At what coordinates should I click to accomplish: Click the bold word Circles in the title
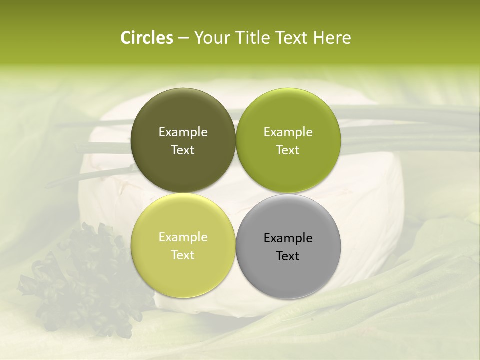point(146,38)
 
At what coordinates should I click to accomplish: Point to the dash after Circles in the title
point(183,38)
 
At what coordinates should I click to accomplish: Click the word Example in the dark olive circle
point(183,132)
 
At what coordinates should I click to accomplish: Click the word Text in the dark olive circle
point(183,150)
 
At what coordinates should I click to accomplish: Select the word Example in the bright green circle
point(288,132)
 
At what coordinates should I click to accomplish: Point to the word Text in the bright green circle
point(288,150)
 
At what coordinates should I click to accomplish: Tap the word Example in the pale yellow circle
point(183,237)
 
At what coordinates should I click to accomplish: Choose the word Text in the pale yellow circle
point(183,255)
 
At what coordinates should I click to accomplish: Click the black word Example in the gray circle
point(288,238)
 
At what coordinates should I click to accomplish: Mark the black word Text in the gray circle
point(288,256)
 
